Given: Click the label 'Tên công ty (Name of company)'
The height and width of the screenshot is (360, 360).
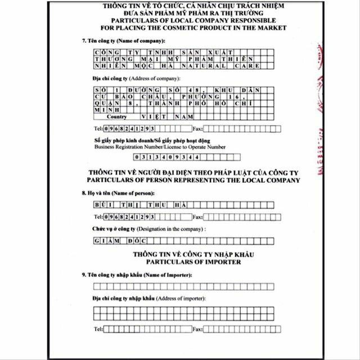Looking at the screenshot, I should [x=123, y=41].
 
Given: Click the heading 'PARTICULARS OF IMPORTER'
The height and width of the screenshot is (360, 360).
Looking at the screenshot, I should [x=194, y=262].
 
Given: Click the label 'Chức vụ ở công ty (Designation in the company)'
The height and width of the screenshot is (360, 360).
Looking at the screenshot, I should [x=149, y=229].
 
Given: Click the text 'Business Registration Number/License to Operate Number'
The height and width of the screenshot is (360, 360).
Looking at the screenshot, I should [x=160, y=146].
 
